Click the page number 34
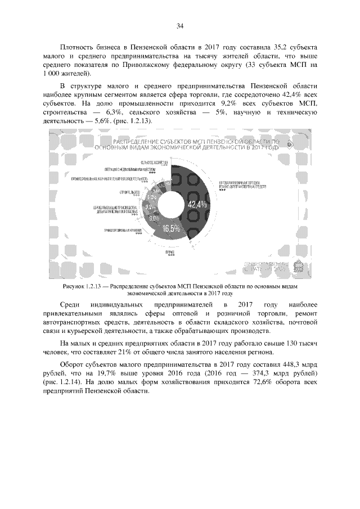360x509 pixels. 180,25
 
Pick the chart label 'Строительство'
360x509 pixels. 129,192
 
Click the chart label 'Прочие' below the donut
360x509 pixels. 169,253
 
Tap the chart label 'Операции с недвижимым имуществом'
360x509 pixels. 130,168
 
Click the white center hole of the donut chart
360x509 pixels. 169,205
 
